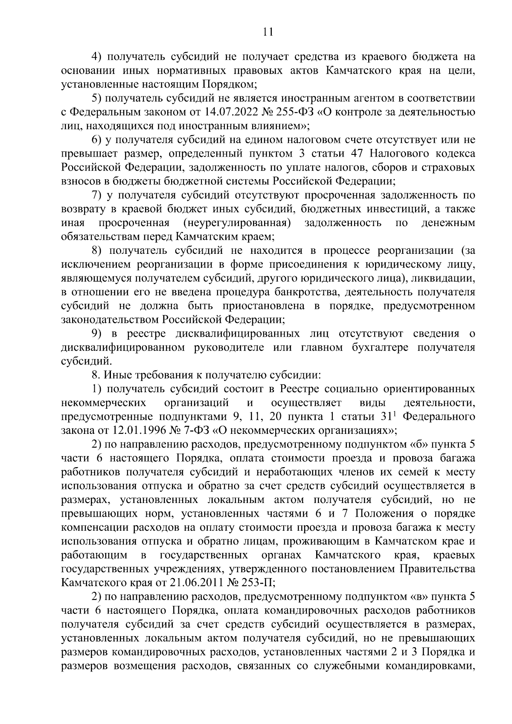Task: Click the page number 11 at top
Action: point(268,32)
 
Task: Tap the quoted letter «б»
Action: point(422,444)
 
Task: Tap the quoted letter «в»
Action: point(422,596)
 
